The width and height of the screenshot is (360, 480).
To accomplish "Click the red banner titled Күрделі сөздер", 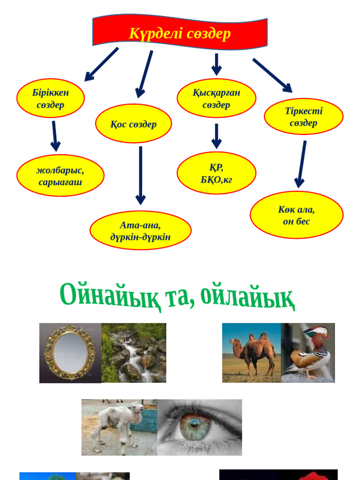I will pyautogui.click(x=180, y=34).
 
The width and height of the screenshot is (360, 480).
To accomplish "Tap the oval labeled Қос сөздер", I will pyautogui.click(x=134, y=124).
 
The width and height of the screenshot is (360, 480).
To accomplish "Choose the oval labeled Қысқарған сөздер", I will pyautogui.click(x=216, y=98).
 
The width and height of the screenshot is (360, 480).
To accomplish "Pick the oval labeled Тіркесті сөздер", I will pyautogui.click(x=303, y=116).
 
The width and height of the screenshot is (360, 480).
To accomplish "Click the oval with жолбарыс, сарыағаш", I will pyautogui.click(x=60, y=175).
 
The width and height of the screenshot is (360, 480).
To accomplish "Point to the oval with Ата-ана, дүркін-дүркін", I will pyautogui.click(x=140, y=231).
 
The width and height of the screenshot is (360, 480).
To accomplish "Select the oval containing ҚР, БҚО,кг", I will pyautogui.click(x=216, y=172).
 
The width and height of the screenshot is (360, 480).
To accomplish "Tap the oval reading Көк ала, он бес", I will pyautogui.click(x=296, y=215).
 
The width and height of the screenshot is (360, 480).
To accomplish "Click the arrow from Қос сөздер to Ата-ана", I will pyautogui.click(x=140, y=175).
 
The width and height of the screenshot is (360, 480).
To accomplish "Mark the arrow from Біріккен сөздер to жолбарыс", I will pyautogui.click(x=55, y=136).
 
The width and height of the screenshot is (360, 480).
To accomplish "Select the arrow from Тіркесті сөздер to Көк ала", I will pyautogui.click(x=302, y=164).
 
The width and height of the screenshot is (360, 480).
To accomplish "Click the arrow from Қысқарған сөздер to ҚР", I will pyautogui.click(x=216, y=136).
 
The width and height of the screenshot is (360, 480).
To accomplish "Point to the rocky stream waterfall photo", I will pyautogui.click(x=134, y=352).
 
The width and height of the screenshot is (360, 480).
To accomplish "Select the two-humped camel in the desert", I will pyautogui.click(x=253, y=354).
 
